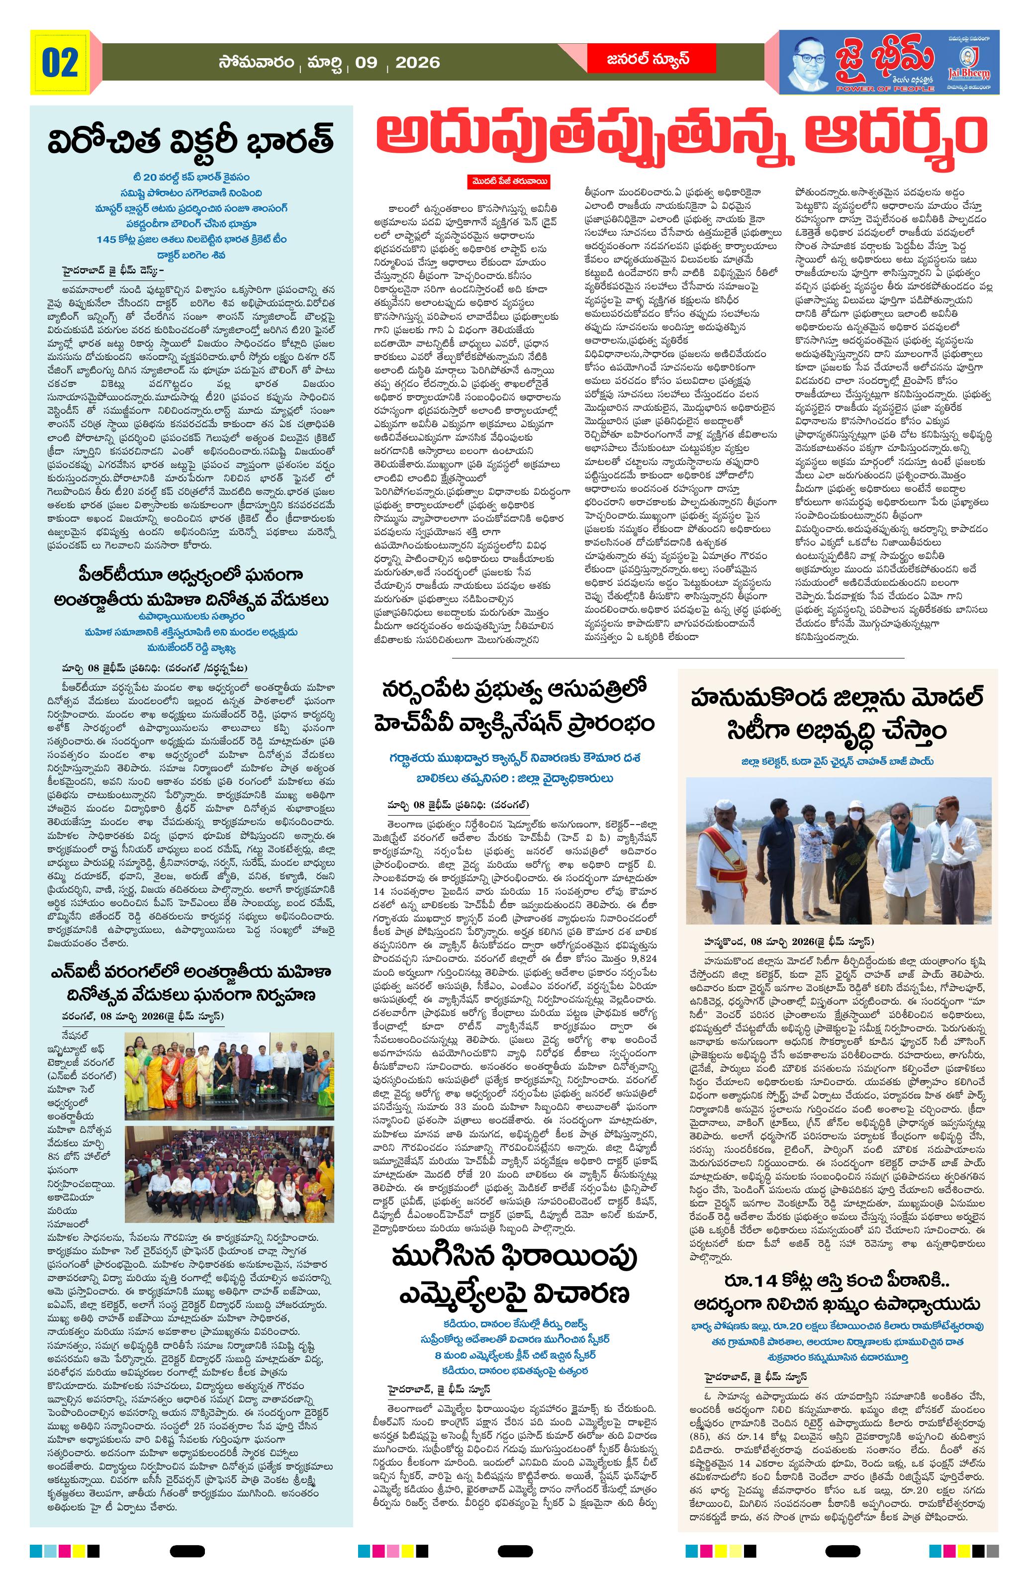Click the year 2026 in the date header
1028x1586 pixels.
(417, 63)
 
